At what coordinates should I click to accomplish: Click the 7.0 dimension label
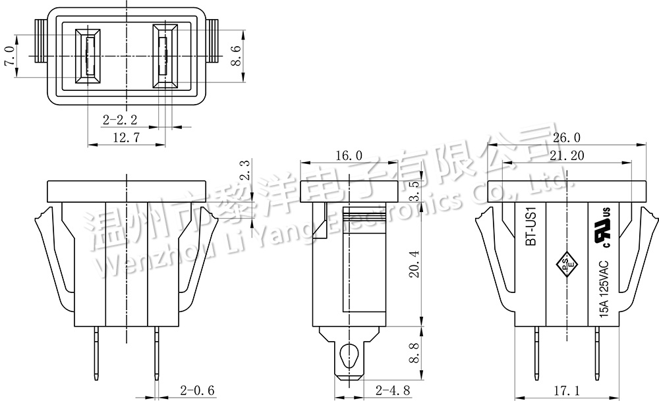pos(10,56)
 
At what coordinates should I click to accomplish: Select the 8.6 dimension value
pos(235,55)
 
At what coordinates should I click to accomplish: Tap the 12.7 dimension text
pos(126,138)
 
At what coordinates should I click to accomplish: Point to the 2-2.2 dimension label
pos(120,120)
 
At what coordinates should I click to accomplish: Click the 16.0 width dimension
pos(349,156)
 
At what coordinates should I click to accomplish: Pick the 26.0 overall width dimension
pos(566,138)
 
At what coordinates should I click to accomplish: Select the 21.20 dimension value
pos(567,156)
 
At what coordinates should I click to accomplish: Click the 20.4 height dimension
pos(415,263)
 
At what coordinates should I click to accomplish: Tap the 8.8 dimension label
pos(415,353)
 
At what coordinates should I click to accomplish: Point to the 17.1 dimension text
pos(567,391)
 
